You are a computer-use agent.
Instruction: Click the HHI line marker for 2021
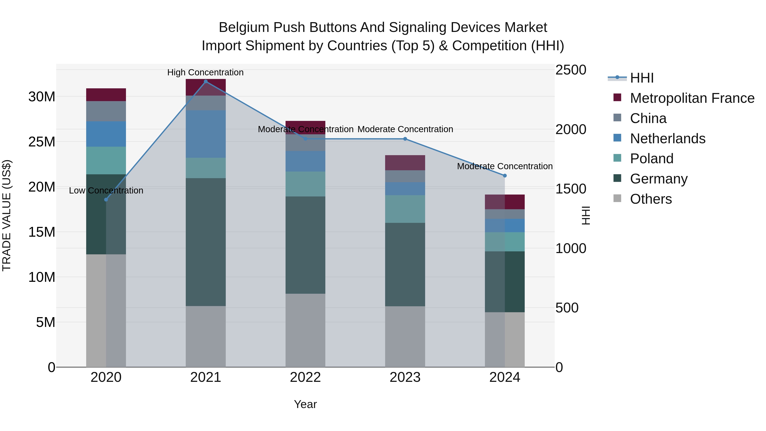(x=206, y=82)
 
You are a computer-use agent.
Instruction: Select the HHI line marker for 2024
(x=505, y=176)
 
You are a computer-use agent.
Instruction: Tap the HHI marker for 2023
(x=405, y=139)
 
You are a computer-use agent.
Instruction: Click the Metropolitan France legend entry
(x=692, y=98)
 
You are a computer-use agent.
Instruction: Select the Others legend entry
(x=651, y=199)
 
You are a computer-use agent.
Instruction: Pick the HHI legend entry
(x=642, y=78)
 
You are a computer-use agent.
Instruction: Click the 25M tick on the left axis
(x=42, y=142)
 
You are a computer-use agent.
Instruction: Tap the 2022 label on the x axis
(x=305, y=377)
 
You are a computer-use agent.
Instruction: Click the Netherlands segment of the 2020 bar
(x=106, y=134)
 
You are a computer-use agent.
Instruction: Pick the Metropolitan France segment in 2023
(x=405, y=163)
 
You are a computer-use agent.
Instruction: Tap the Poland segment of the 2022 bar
(x=305, y=184)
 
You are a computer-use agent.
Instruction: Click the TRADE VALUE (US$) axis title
(x=7, y=215)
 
